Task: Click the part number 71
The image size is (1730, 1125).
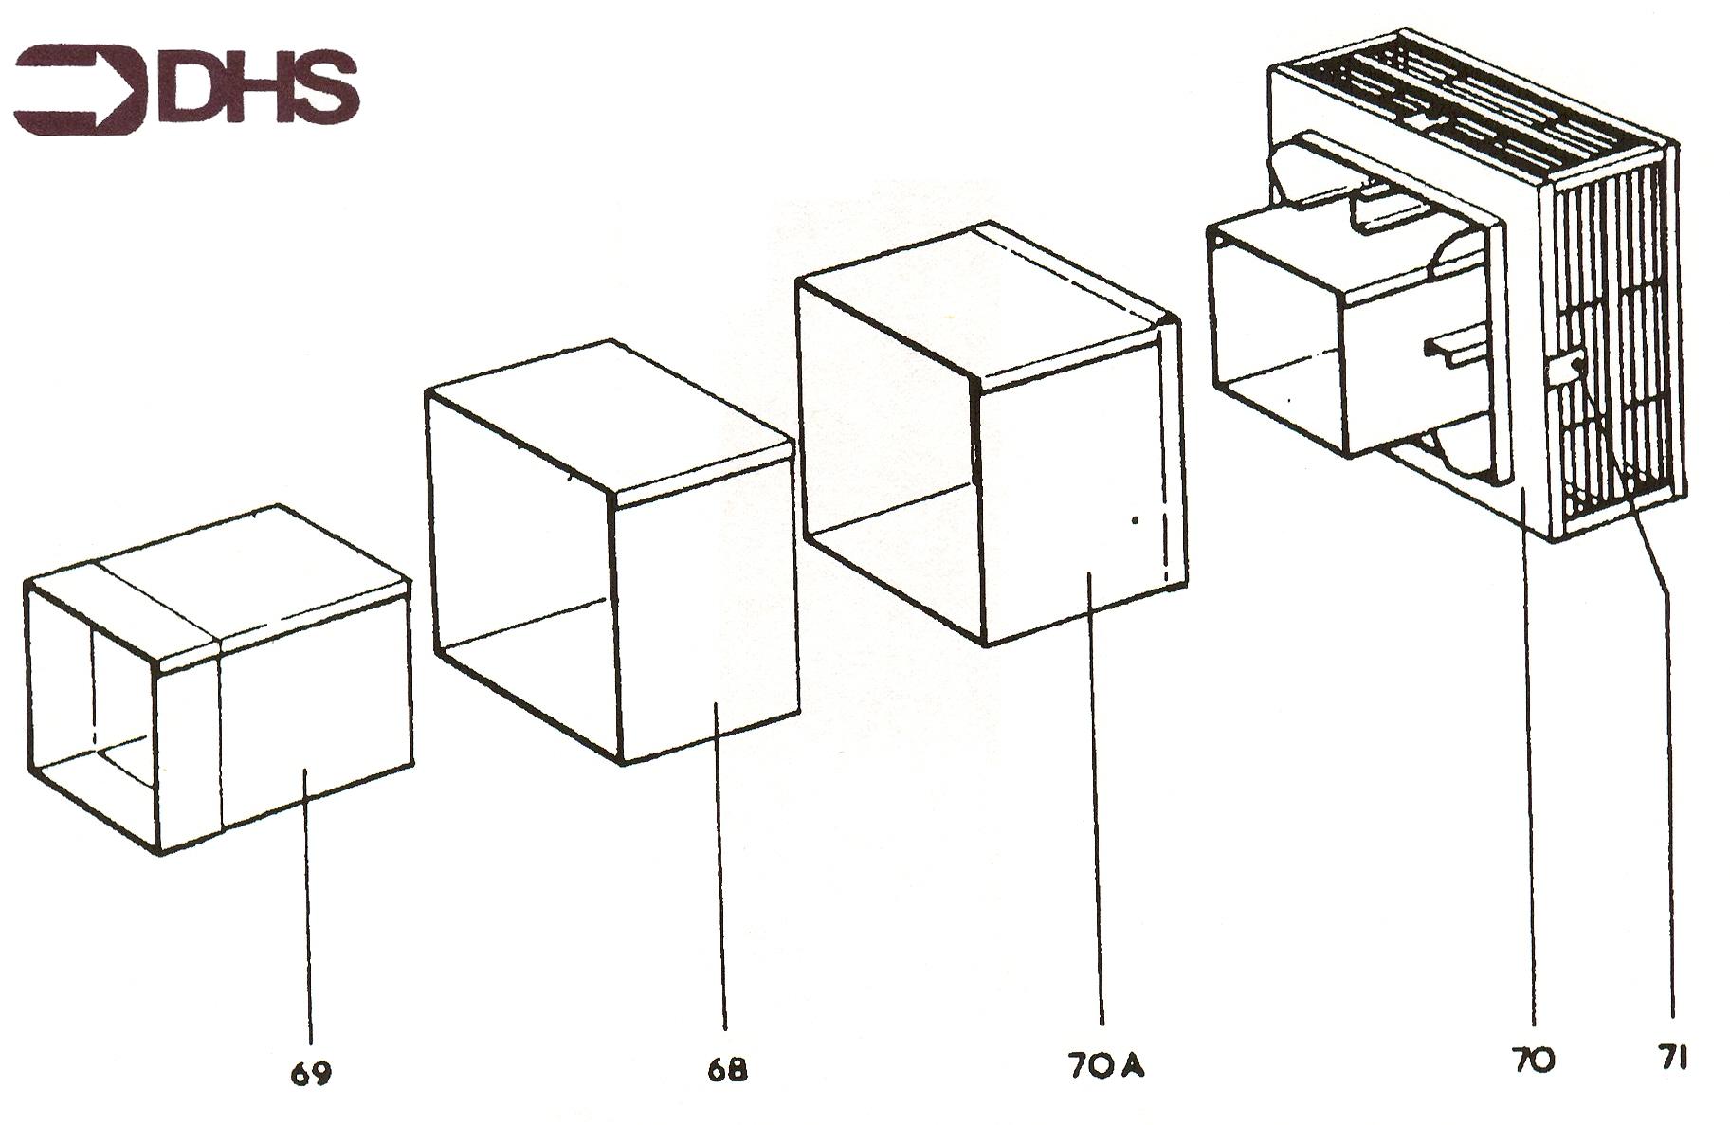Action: point(1671,1058)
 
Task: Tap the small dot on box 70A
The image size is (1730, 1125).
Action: point(1135,520)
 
